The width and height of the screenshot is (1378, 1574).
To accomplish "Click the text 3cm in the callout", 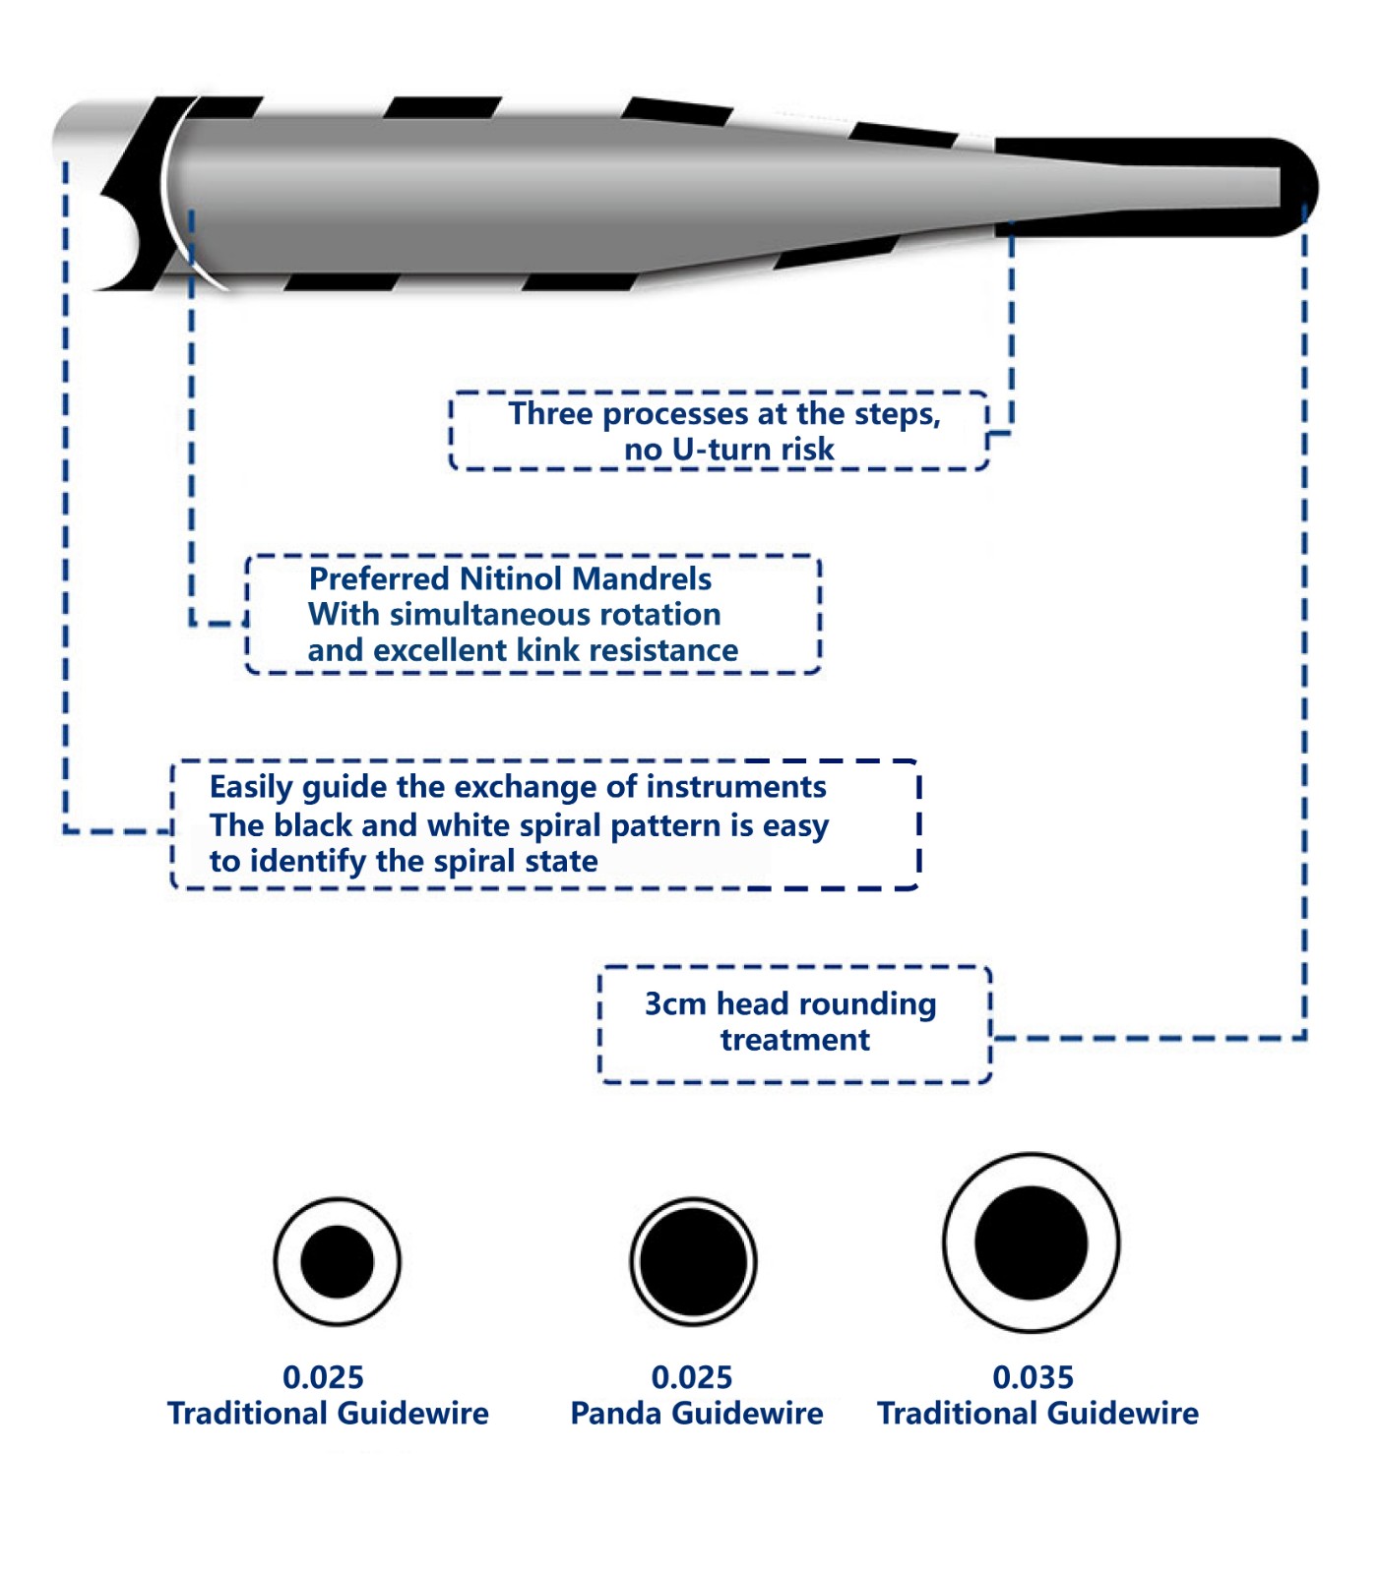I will [676, 1003].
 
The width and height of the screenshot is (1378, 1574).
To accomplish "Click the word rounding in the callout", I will [867, 1004].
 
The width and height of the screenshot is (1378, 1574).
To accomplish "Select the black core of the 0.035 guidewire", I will [1031, 1242].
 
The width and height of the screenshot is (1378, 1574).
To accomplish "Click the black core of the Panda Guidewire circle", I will [693, 1261].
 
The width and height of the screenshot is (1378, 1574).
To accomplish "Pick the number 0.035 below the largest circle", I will [1033, 1377].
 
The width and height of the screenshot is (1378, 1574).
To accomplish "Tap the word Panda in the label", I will [616, 1414].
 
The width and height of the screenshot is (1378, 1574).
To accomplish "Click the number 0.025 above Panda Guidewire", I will [692, 1377].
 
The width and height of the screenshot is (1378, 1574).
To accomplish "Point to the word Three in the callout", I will [550, 414].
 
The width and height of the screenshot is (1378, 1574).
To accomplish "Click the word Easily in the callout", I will [251, 787].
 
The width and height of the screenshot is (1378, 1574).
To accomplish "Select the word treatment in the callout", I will [795, 1040].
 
